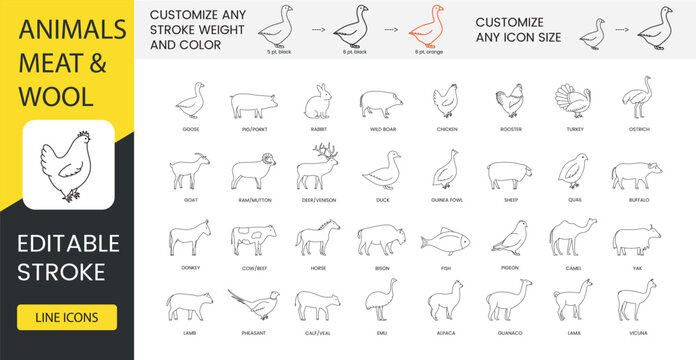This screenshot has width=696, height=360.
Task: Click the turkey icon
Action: [x=572, y=102]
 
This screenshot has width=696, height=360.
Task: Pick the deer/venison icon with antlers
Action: [x=317, y=167]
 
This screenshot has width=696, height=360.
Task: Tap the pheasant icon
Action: [x=251, y=304]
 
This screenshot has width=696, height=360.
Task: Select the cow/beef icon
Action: [x=252, y=240]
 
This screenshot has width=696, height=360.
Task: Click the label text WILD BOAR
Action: [x=382, y=130]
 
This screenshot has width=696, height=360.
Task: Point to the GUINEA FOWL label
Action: [x=447, y=200]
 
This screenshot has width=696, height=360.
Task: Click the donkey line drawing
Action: [x=190, y=240]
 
